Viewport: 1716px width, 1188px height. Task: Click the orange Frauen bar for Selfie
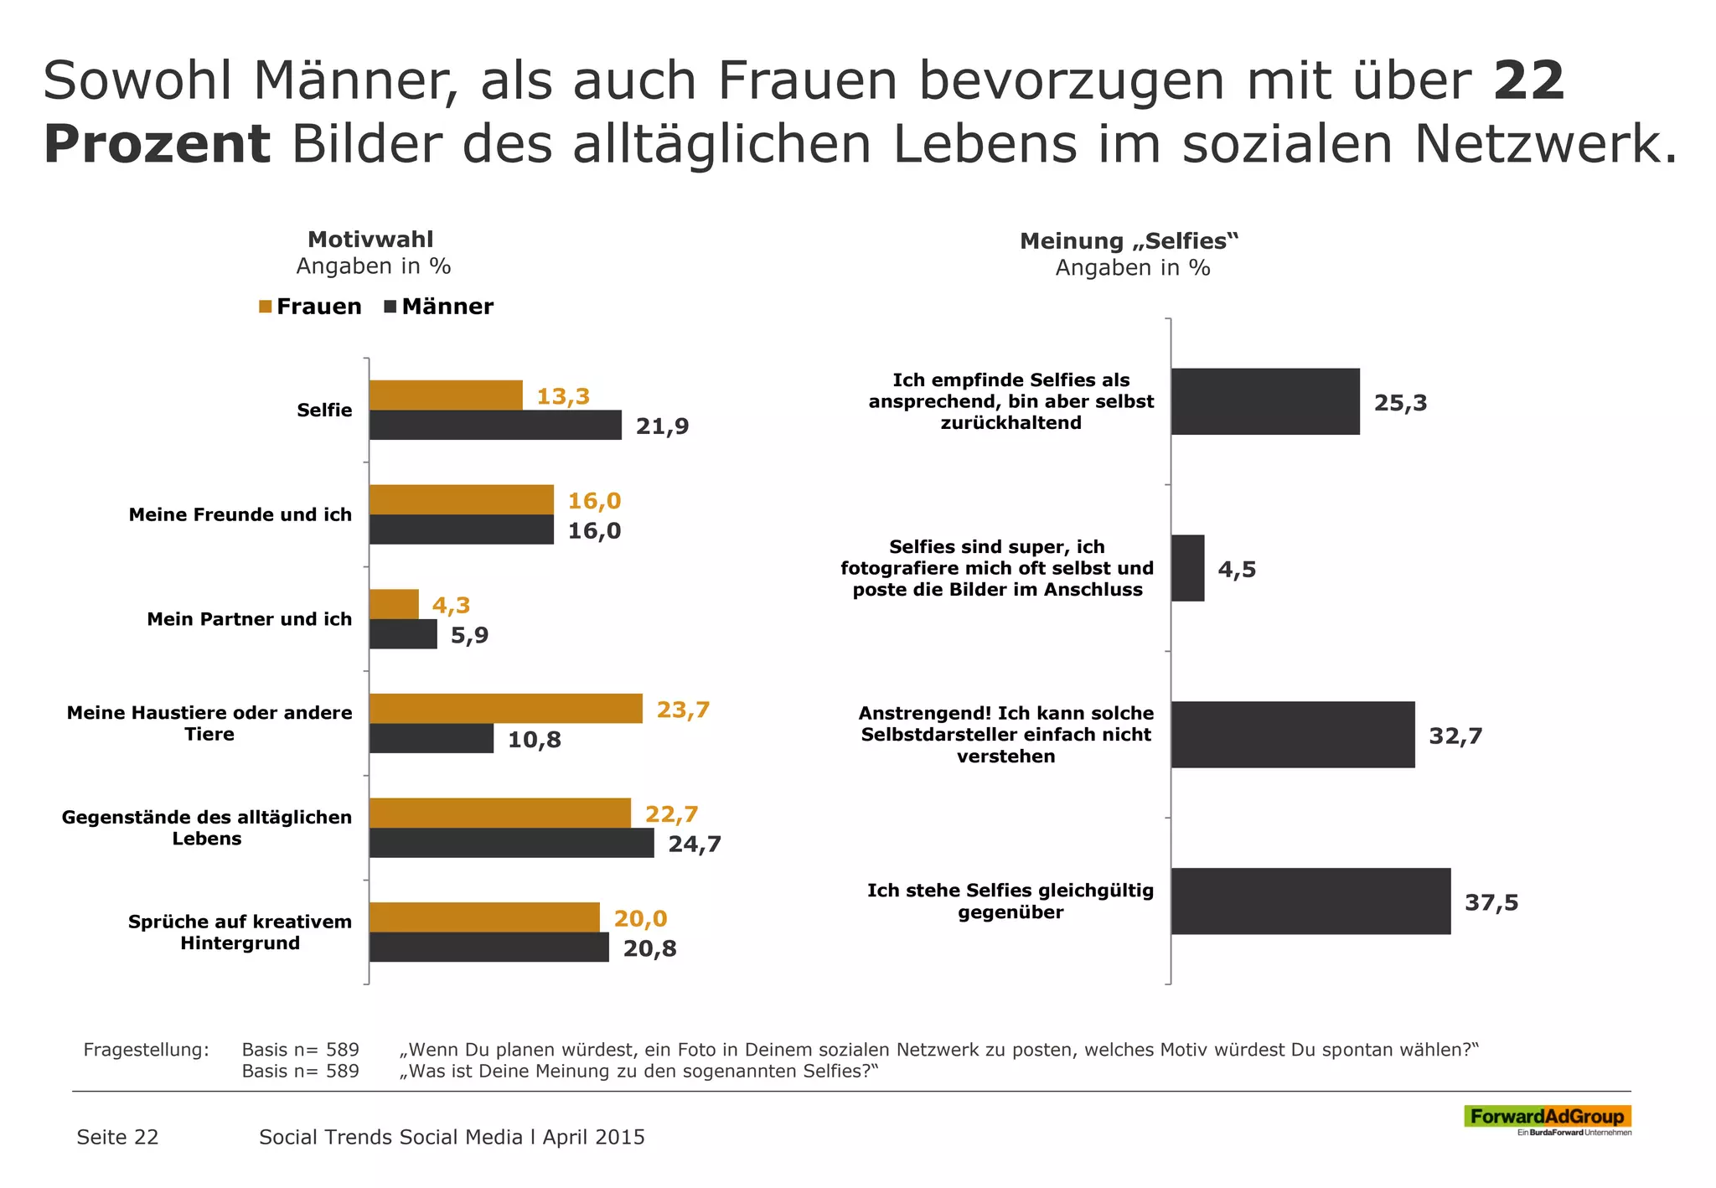coord(446,395)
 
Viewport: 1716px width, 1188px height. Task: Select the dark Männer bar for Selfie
coord(495,426)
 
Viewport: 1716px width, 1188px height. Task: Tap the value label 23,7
coord(683,710)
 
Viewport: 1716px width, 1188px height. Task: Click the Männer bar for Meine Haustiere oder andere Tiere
coord(432,739)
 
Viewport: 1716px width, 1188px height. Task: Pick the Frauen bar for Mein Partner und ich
coord(394,604)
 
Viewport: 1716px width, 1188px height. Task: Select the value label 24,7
coord(695,844)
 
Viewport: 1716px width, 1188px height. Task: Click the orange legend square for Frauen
coord(266,307)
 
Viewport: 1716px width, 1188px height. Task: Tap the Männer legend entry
coord(439,307)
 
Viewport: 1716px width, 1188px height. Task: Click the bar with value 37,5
coord(1310,901)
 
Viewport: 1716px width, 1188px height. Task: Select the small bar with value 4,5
coord(1187,568)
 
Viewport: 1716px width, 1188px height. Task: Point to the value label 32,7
coord(1455,736)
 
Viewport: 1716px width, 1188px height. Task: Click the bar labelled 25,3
coord(1265,401)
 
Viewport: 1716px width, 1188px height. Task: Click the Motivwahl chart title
coord(370,240)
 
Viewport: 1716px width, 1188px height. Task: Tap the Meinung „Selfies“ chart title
coord(1129,241)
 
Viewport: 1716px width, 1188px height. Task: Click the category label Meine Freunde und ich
coord(240,514)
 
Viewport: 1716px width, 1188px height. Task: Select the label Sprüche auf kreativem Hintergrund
coord(240,932)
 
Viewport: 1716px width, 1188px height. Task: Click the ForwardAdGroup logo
coord(1547,1117)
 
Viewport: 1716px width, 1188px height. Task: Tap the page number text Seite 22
coord(117,1137)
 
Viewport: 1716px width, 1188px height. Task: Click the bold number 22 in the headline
coord(1528,81)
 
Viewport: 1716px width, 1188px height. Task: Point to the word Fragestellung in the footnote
coord(146,1050)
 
